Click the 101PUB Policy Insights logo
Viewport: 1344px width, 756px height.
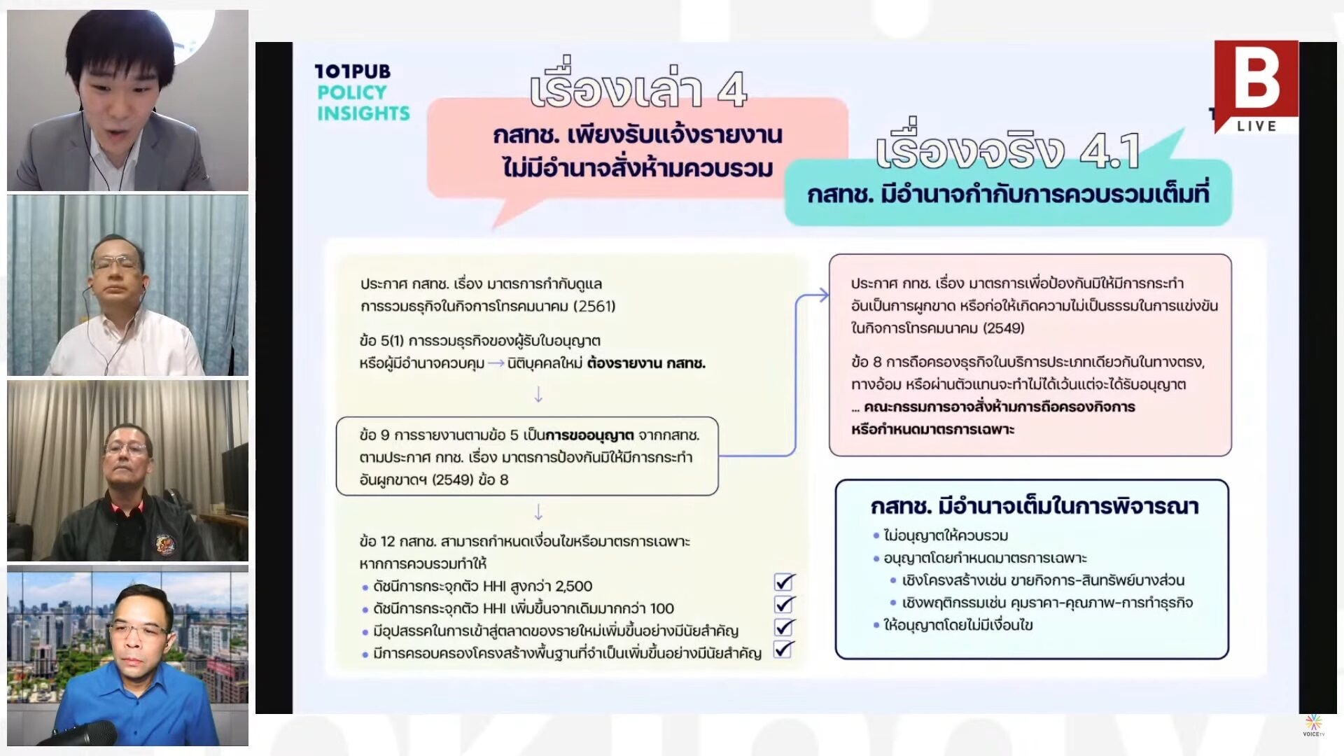362,92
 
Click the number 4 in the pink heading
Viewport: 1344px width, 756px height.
731,90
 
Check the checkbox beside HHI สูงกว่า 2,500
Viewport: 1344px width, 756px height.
784,582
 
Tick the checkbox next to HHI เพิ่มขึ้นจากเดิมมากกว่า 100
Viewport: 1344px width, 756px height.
784,604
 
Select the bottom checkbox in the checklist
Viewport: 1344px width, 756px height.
784,650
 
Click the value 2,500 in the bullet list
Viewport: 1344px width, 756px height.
573,586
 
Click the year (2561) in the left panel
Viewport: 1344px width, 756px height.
594,307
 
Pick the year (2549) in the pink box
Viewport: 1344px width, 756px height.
1003,328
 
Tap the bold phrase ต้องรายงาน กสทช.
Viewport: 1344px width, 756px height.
646,363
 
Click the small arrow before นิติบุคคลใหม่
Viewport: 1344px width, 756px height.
496,363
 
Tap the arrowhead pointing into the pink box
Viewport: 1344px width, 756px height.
822,295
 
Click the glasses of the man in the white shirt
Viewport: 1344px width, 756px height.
117,262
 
